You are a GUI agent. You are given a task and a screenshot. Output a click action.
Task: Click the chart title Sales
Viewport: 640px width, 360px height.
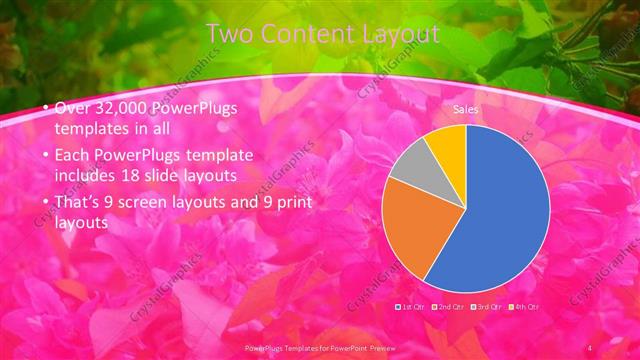point(465,108)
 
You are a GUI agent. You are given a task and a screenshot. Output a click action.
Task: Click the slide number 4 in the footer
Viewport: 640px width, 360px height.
point(591,346)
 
